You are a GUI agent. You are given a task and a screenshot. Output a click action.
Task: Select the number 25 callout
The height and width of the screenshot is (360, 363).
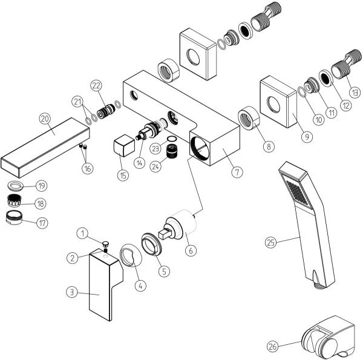tap(271, 243)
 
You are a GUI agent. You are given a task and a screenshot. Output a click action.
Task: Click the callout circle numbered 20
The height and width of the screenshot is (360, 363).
tap(44, 117)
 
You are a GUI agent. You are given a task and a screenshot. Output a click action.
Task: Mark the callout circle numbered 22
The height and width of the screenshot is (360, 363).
tap(96, 85)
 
